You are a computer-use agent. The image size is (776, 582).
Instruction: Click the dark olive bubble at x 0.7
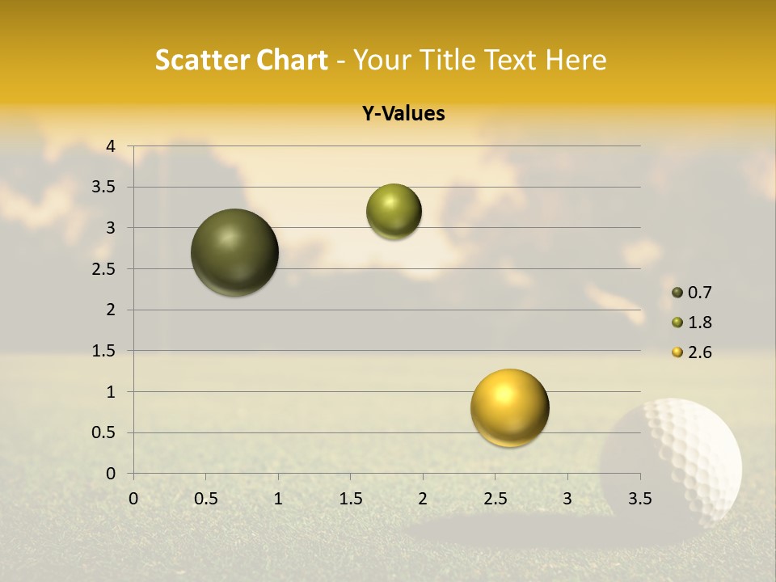click(235, 252)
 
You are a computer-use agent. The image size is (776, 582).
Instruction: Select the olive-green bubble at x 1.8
click(394, 211)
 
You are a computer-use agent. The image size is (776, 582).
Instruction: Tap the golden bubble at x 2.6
click(509, 407)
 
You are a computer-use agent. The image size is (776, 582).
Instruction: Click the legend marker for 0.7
click(677, 293)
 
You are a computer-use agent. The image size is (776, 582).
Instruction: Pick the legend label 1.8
click(699, 323)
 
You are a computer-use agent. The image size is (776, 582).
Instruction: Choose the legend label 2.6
click(699, 352)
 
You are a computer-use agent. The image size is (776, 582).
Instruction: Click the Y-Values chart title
click(403, 114)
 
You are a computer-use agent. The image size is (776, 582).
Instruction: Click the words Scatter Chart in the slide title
click(242, 60)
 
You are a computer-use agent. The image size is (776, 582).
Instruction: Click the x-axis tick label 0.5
click(206, 498)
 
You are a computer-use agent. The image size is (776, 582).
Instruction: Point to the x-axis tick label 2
click(423, 498)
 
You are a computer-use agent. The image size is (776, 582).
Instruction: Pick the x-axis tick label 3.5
click(639, 498)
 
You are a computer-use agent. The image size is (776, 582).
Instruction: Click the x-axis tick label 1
click(278, 498)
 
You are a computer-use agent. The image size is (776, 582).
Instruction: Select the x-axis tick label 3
click(567, 498)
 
